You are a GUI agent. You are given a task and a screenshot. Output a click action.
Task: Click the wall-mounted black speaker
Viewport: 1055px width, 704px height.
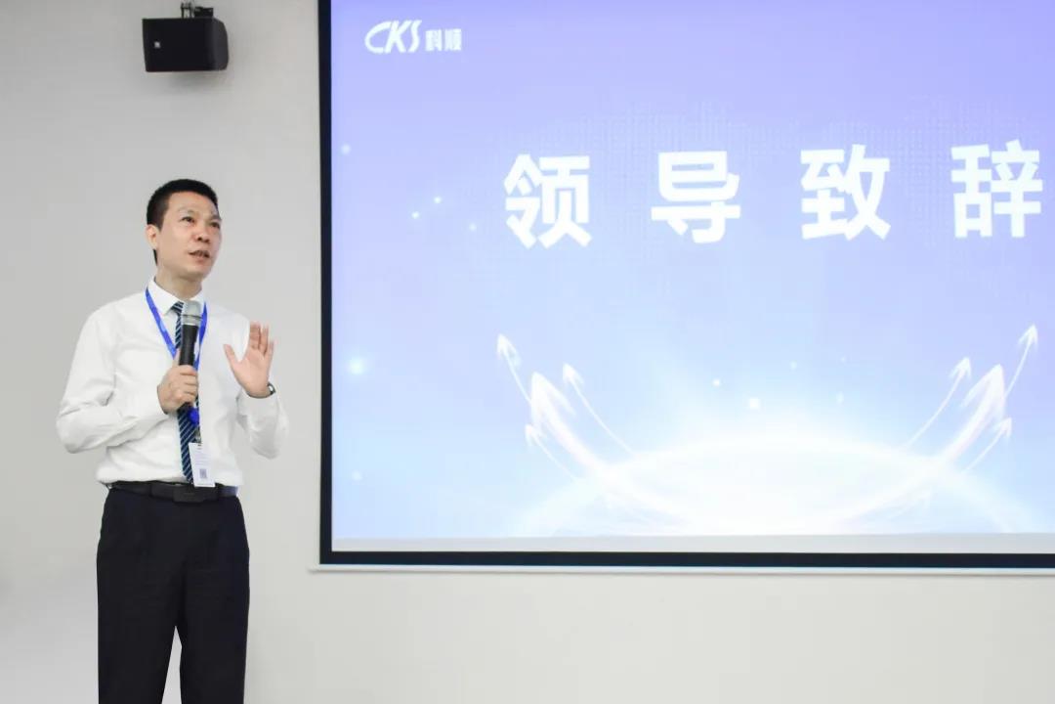tap(185, 44)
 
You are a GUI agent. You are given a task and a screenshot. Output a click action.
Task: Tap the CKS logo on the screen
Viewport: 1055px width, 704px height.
tap(393, 37)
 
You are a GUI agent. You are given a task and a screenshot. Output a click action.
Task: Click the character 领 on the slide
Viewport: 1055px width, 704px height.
tap(548, 199)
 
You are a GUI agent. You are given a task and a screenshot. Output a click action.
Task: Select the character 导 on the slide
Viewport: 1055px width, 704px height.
tap(696, 195)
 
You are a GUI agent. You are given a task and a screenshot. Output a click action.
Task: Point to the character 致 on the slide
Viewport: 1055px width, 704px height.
tap(845, 193)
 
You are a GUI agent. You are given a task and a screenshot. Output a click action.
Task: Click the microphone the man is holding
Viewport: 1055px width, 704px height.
tap(190, 332)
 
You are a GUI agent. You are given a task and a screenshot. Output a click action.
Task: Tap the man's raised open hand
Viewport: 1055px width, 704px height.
tap(251, 359)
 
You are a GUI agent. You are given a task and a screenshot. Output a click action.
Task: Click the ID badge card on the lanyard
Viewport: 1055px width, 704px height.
tap(201, 463)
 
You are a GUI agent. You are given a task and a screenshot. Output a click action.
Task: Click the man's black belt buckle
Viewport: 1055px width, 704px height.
tap(177, 491)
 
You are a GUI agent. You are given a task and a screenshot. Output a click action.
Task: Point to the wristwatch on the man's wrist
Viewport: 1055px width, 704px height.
tap(268, 391)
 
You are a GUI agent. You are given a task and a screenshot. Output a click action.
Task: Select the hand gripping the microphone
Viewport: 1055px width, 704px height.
tap(178, 384)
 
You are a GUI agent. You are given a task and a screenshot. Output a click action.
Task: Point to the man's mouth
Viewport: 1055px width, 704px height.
tap(199, 255)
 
